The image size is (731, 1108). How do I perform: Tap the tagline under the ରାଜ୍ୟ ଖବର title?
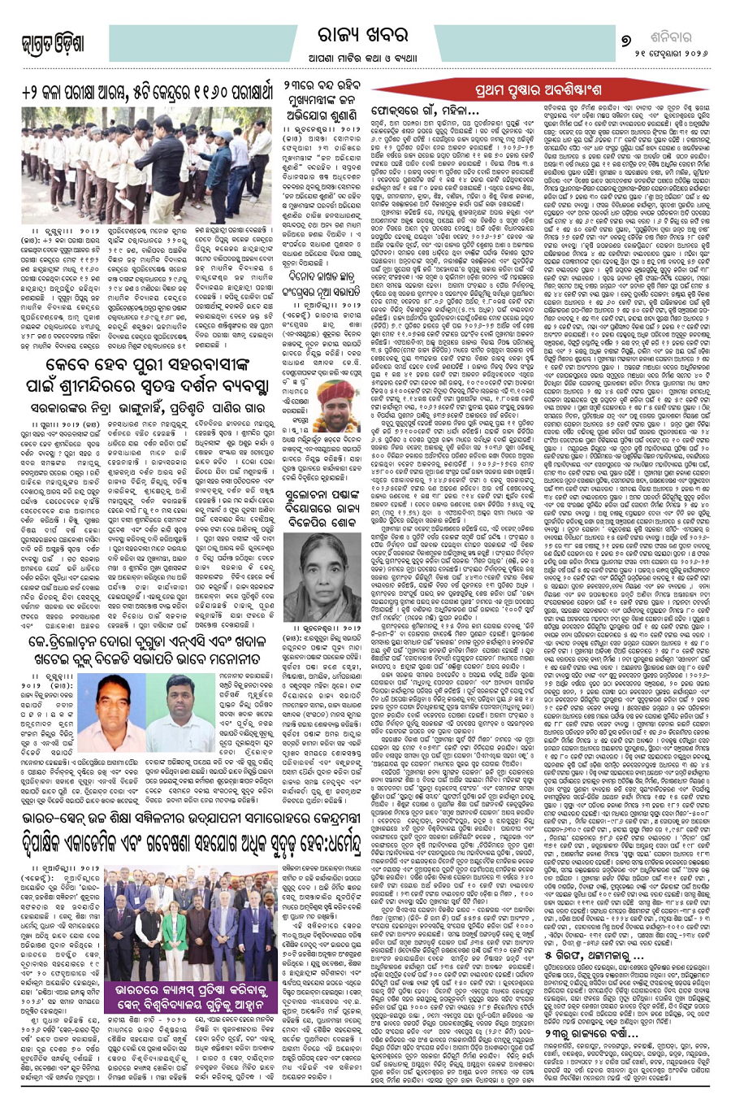tap(365, 58)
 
